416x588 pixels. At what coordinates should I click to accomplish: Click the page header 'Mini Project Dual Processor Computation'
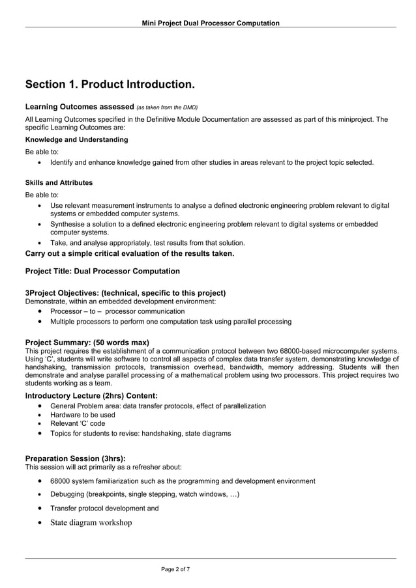click(211, 23)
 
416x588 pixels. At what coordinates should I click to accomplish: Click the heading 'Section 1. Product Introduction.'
click(110, 85)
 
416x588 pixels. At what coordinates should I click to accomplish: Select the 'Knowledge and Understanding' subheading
click(76, 140)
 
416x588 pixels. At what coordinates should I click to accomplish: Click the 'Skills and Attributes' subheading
click(59, 183)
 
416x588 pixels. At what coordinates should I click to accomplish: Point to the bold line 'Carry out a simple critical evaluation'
click(129, 253)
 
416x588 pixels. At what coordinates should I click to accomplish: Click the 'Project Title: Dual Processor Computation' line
click(102, 271)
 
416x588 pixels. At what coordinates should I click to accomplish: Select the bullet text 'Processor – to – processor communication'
click(117, 311)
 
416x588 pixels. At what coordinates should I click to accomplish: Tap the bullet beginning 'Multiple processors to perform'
click(171, 322)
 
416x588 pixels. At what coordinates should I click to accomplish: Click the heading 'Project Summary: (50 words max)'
click(87, 343)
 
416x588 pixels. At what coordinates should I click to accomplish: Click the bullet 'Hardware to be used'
click(83, 415)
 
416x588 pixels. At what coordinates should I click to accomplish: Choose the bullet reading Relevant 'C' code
click(78, 423)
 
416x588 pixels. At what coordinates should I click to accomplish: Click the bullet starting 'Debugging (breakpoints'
click(145, 495)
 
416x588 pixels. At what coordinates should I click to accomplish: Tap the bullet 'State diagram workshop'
click(91, 523)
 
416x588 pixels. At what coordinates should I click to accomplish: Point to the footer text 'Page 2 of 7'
click(175, 570)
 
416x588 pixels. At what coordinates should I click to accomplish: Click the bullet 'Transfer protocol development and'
click(104, 509)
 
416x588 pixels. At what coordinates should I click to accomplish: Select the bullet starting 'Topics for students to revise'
click(140, 433)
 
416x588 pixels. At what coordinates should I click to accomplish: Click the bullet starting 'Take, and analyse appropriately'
click(147, 243)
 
